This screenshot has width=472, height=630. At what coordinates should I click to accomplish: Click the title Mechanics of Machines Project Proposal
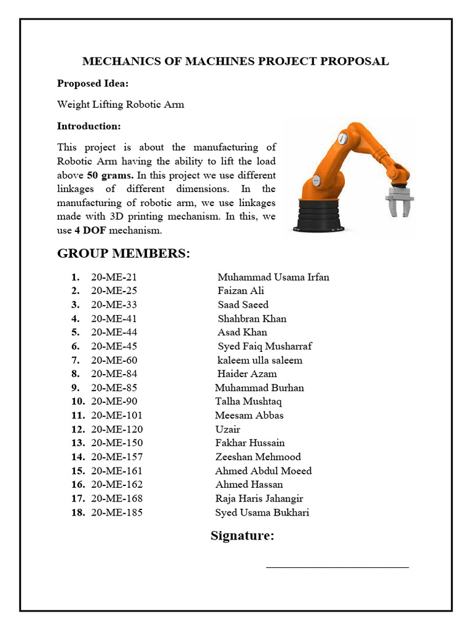(235, 62)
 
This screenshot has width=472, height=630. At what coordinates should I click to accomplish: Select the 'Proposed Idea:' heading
(93, 84)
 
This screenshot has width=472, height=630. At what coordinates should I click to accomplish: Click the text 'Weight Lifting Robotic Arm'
(120, 105)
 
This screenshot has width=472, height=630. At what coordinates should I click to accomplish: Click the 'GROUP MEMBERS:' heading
(124, 253)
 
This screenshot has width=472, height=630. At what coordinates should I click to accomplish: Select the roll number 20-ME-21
(114, 277)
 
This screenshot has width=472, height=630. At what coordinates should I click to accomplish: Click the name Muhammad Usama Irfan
(273, 277)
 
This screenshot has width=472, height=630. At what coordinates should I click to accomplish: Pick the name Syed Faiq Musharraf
(264, 346)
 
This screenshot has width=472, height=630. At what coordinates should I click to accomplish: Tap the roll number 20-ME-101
(117, 415)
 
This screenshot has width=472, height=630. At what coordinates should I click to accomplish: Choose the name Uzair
(227, 429)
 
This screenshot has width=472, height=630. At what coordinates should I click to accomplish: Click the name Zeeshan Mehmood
(258, 457)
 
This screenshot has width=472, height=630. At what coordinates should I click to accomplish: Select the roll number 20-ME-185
(117, 512)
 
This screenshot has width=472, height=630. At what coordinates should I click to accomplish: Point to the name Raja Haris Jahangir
(259, 498)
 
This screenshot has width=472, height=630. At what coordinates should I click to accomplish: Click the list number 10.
(77, 402)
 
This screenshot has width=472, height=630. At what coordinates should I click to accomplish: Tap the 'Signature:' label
(242, 536)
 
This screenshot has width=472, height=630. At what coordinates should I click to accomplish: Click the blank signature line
(337, 567)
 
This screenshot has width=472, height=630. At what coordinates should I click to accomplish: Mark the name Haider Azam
(247, 374)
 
